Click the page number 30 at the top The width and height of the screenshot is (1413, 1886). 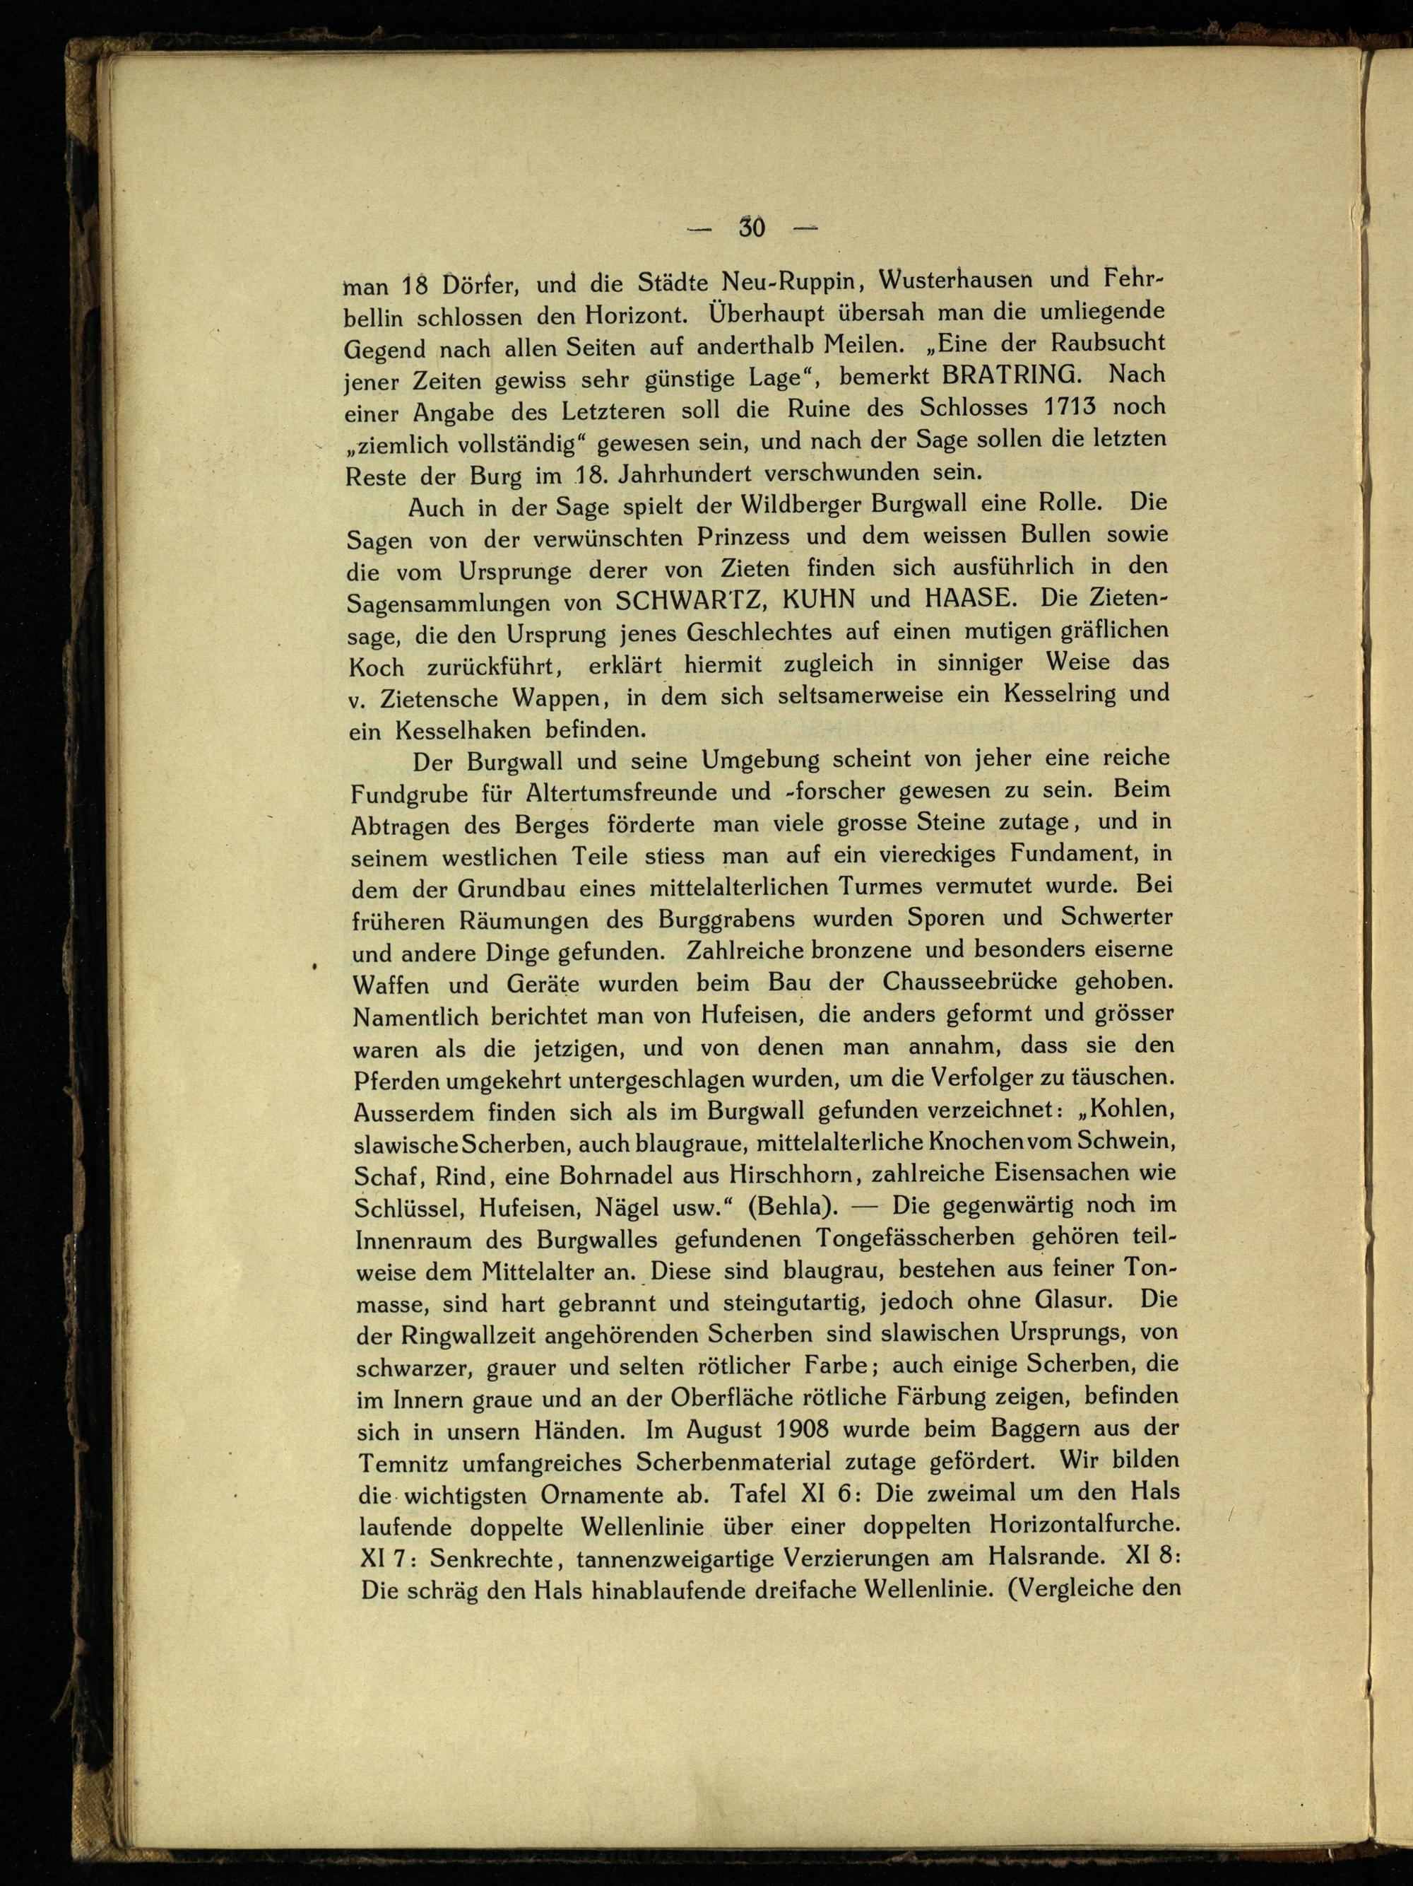[752, 228]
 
